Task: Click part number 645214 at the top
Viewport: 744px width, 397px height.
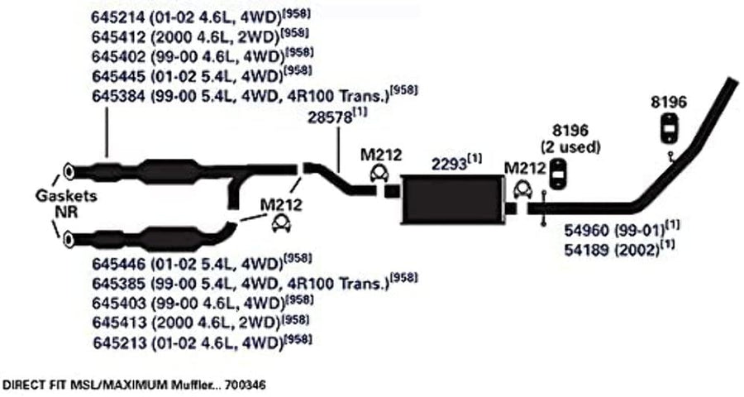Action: point(118,17)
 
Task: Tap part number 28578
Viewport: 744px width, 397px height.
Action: point(330,117)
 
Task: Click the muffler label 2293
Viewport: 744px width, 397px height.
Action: point(449,165)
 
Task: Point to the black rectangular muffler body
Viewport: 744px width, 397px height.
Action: point(453,199)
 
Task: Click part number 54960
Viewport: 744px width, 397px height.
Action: point(586,230)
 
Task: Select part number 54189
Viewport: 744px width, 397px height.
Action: point(586,250)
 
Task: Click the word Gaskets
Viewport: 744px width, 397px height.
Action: point(66,195)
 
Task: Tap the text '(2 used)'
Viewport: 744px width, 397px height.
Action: point(570,147)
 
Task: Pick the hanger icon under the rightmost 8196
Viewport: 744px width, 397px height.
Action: point(669,128)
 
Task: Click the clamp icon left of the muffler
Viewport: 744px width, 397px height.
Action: point(379,174)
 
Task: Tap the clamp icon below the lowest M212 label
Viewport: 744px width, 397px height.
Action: point(281,223)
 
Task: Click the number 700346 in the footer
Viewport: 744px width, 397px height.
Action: point(246,384)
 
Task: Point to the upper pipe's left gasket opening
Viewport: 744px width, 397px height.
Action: point(69,171)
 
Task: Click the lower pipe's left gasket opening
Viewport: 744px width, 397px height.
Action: point(69,239)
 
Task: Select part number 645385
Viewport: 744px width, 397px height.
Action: point(118,284)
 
